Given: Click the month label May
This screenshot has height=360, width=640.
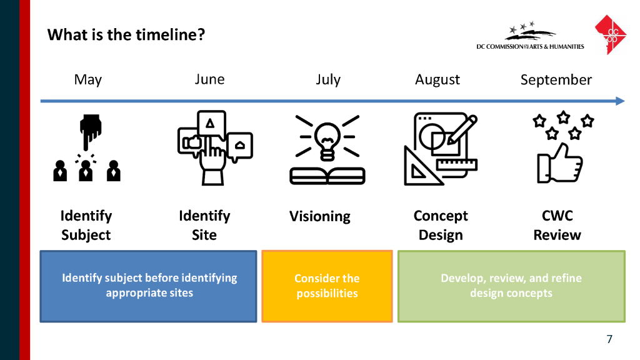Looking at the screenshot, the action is click(x=87, y=79).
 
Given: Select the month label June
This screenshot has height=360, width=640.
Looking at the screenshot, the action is click(x=209, y=79).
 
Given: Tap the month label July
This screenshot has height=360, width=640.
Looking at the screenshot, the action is click(x=328, y=79).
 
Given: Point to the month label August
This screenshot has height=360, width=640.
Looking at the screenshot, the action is click(x=437, y=79).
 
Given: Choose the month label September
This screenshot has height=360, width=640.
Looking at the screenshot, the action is click(x=556, y=80).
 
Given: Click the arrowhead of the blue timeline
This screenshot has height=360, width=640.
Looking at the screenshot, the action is click(x=621, y=101).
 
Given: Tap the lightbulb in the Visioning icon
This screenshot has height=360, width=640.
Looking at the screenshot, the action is click(x=327, y=141).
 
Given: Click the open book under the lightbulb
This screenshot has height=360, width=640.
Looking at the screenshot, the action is click(x=327, y=176).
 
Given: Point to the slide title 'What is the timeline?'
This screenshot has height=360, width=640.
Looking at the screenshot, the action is click(x=126, y=35).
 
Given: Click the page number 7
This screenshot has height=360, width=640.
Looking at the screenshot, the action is click(x=609, y=339).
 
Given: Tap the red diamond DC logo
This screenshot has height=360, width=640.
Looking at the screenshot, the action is click(x=611, y=35).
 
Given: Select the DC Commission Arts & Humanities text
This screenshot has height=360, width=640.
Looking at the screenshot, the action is click(x=530, y=46).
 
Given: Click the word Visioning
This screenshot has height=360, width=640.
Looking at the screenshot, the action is click(x=319, y=216).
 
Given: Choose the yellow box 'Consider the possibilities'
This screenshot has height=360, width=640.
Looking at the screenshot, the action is click(x=327, y=286).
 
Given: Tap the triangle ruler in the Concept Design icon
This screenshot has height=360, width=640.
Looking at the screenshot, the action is click(x=421, y=167).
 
